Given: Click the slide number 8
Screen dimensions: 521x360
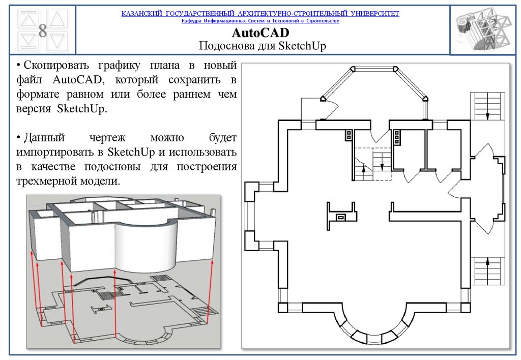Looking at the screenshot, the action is point(43,31).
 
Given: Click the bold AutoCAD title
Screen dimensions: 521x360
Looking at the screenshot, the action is point(260,33).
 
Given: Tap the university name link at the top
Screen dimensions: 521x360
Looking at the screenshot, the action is point(260,14).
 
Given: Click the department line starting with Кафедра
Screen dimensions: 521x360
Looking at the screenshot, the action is point(260,21).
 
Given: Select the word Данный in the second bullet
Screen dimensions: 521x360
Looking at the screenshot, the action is point(44,137).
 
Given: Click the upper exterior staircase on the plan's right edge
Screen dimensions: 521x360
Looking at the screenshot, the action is point(487,106).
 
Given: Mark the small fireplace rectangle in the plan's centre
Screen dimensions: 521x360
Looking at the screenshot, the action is point(341,218).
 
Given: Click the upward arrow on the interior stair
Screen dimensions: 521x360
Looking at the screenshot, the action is point(364,168).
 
